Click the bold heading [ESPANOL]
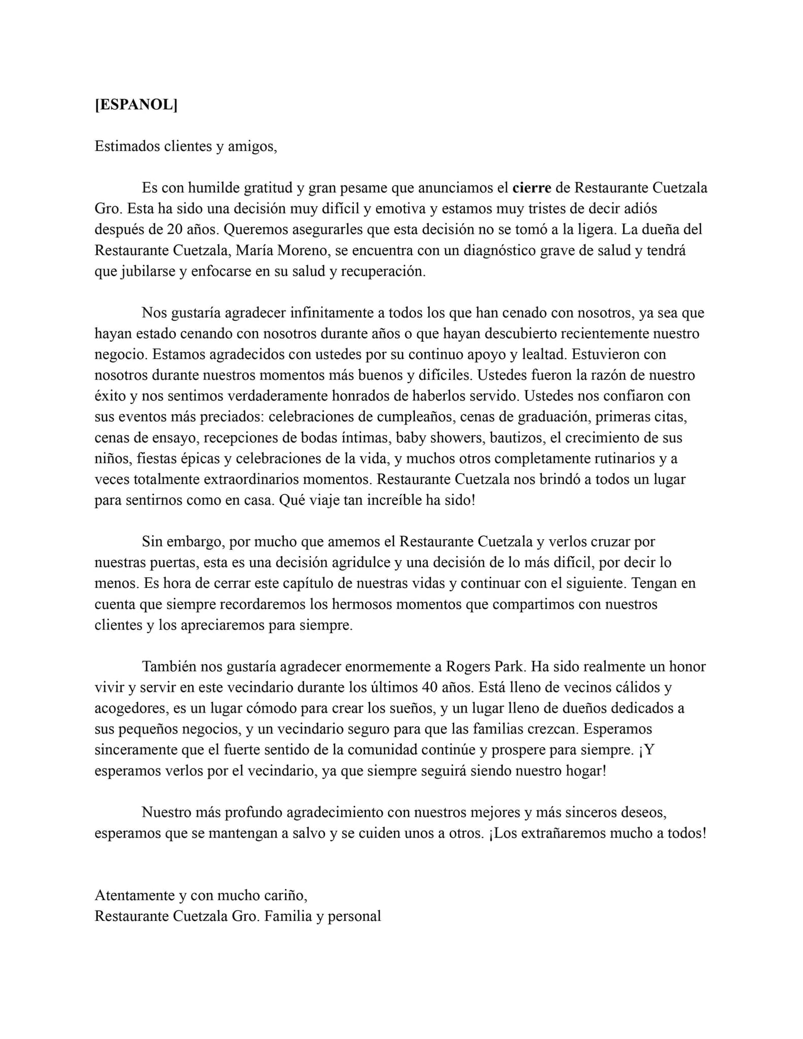click(x=136, y=105)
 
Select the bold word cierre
click(x=531, y=188)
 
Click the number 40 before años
click(x=430, y=687)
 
